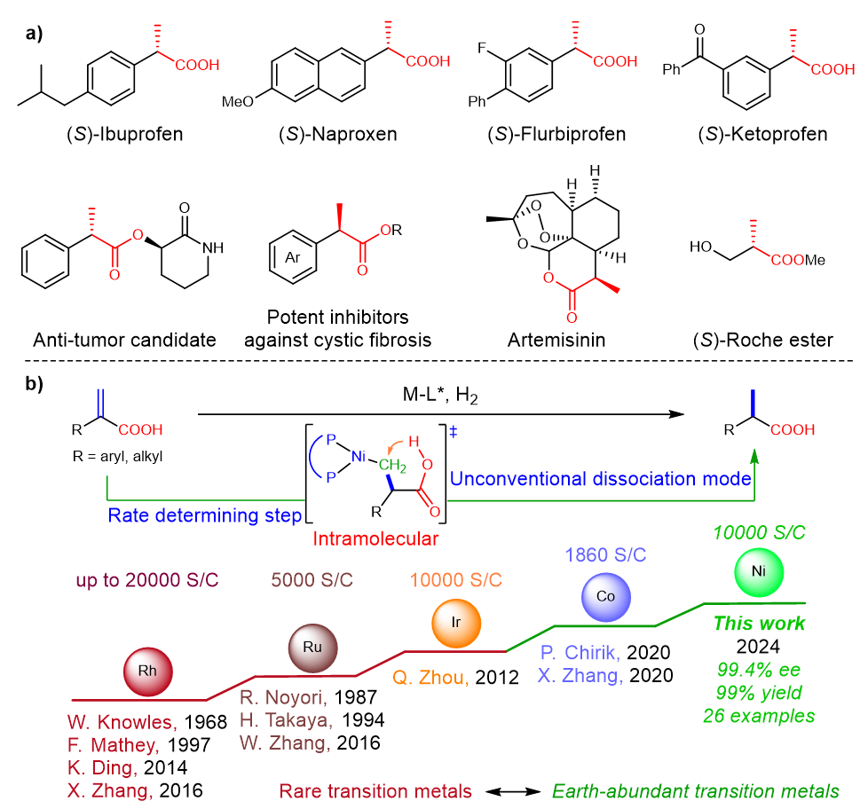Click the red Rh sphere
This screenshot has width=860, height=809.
pos(148,672)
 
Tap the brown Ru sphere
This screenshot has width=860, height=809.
pos(312,648)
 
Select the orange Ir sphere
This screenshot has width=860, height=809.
pos(456,624)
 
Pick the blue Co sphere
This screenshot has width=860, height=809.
pos(605,597)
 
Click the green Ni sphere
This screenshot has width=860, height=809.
pos(759,572)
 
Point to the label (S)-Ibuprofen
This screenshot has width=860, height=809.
pos(125,134)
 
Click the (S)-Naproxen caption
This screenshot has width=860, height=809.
pos(338,134)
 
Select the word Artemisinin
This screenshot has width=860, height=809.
pos(556,340)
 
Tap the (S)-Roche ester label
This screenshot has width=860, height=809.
pos(763,340)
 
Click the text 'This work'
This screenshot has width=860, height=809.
pos(759,624)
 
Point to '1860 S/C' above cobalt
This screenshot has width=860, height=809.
pos(605,554)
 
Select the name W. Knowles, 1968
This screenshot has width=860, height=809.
pos(147,722)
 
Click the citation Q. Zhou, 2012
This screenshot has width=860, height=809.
pos(455,678)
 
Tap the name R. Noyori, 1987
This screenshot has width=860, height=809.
pos(308,697)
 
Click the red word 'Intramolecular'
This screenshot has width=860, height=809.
pos(375,538)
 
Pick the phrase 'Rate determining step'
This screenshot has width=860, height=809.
pos(205,515)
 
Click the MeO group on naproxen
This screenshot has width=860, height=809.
pos(238,101)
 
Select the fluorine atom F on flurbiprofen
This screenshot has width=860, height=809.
pos(482,48)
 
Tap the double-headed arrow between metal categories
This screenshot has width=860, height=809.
pos(513,791)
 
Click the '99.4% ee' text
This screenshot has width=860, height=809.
pos(759,670)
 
